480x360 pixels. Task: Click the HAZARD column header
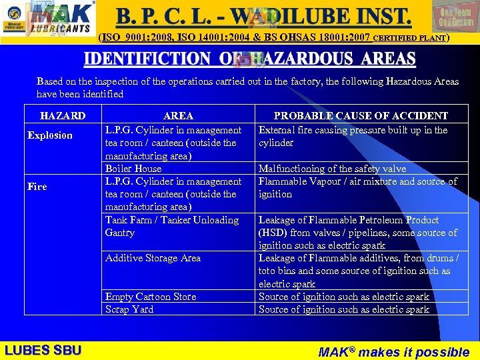pyautogui.click(x=63, y=116)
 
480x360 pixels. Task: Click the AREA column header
pyautogui.click(x=178, y=116)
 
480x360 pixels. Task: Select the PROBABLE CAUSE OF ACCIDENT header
pyautogui.click(x=361, y=116)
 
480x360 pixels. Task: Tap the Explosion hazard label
pyautogui.click(x=50, y=135)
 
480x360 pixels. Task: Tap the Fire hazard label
pyautogui.click(x=37, y=187)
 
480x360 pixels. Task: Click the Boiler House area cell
pyautogui.click(x=133, y=169)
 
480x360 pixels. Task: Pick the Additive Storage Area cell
pyautogui.click(x=153, y=258)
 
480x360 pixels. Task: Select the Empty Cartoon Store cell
pyautogui.click(x=151, y=297)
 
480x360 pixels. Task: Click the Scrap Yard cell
pyautogui.click(x=129, y=309)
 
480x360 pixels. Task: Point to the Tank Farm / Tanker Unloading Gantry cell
pyautogui.click(x=171, y=226)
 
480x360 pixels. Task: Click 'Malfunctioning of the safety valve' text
pyautogui.click(x=332, y=169)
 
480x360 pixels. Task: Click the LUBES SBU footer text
pyautogui.click(x=43, y=351)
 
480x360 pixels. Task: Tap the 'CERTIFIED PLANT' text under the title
pyautogui.click(x=410, y=38)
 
